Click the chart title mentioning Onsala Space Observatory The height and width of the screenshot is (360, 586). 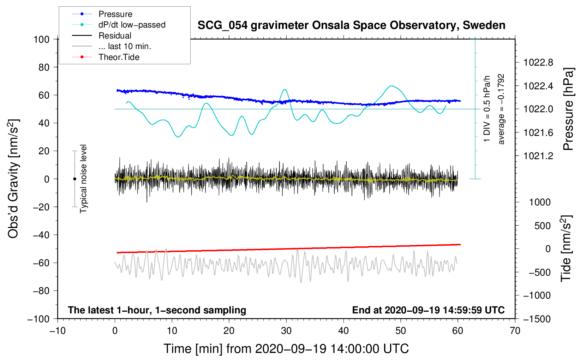pyautogui.click(x=351, y=25)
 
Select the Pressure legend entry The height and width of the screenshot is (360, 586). pyautogui.click(x=115, y=14)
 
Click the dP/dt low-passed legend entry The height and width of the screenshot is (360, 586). pyautogui.click(x=132, y=25)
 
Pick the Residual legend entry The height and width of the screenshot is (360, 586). pyautogui.click(x=115, y=36)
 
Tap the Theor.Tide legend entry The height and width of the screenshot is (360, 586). pyautogui.click(x=119, y=57)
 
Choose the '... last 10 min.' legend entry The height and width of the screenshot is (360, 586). pyautogui.click(x=125, y=46)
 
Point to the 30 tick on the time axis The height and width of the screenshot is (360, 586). pyautogui.click(x=286, y=331)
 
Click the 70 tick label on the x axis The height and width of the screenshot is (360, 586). pyautogui.click(x=515, y=331)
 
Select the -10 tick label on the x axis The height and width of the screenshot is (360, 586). pyautogui.click(x=58, y=331)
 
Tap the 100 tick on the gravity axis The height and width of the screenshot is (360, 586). pyautogui.click(x=41, y=39)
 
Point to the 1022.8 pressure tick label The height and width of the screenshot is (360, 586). pyautogui.click(x=538, y=63)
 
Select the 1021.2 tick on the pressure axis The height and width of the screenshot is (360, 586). pyautogui.click(x=538, y=156)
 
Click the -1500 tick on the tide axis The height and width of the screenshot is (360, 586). pyautogui.click(x=537, y=319)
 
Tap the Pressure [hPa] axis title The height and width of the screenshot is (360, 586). pyautogui.click(x=568, y=109)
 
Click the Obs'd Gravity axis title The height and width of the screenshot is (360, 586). pyautogui.click(x=13, y=179)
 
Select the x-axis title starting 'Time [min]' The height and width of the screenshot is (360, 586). pyautogui.click(x=286, y=349)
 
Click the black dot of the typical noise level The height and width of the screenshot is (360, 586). pyautogui.click(x=74, y=179)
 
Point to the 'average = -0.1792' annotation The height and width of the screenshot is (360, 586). pyautogui.click(x=501, y=109)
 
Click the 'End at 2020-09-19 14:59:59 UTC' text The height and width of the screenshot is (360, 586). pyautogui.click(x=428, y=310)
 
